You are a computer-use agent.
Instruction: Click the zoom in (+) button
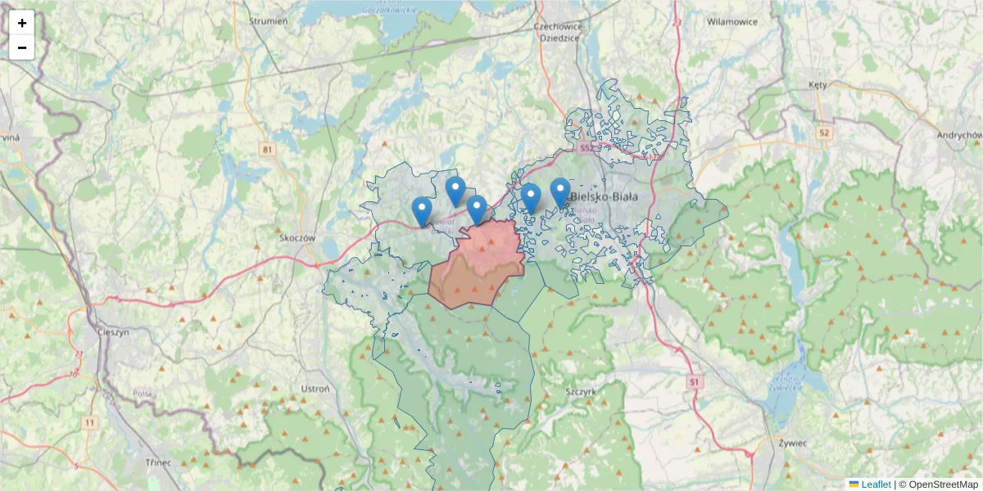[x=22, y=23]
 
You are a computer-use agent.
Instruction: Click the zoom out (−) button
[x=22, y=47]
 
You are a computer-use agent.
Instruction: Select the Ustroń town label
[x=315, y=389]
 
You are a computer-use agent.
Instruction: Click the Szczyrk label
[x=580, y=391]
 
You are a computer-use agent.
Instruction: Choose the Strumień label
[x=268, y=21]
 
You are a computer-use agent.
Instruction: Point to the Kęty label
[x=818, y=85]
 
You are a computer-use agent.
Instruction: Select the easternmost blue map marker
[x=560, y=192]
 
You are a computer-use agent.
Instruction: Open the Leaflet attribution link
[x=875, y=484]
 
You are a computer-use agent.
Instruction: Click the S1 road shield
[x=695, y=382]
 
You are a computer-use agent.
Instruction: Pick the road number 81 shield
[x=267, y=150]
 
